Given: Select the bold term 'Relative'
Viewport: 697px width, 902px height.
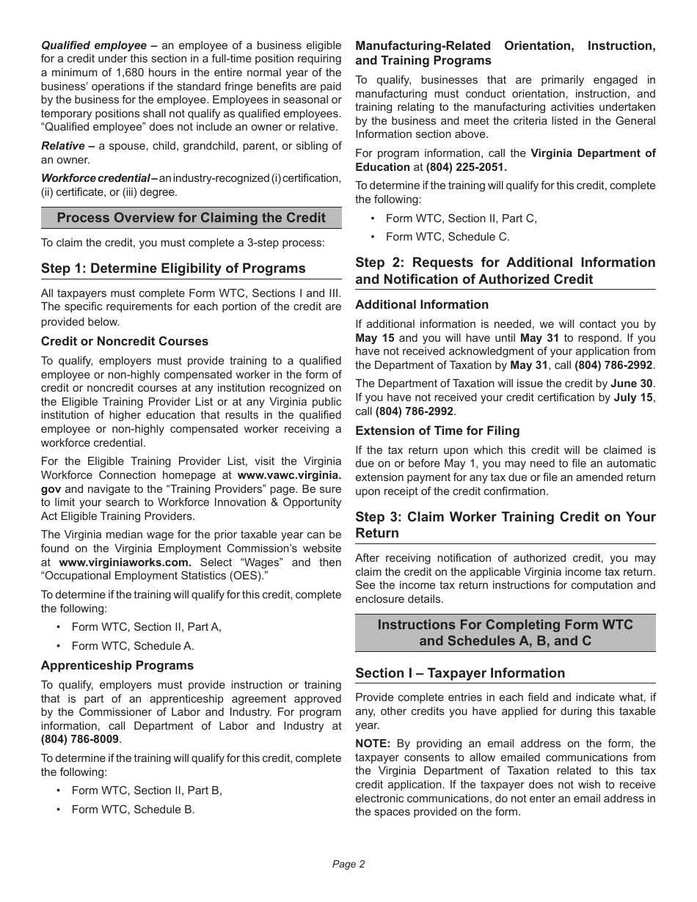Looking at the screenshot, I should pos(63,146).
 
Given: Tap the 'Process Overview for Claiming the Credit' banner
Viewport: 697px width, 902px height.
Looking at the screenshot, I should pos(191,218).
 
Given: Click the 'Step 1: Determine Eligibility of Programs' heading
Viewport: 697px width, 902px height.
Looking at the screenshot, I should pos(173,268).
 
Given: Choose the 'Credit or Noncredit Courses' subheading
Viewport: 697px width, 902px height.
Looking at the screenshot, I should pos(125,341).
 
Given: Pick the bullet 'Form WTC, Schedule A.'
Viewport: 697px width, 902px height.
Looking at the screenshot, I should pos(132,646).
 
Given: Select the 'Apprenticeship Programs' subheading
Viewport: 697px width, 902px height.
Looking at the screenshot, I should pos(117,665).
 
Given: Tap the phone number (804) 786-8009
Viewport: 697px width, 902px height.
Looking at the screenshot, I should pos(80,739).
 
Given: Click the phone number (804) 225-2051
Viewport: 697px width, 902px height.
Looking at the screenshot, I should pos(467,167).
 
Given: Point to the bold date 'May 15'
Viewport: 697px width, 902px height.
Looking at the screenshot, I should pos(375,338).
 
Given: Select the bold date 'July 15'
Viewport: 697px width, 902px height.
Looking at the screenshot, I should pos(633,397).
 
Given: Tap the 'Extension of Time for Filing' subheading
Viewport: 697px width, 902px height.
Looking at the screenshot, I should pos(437,430).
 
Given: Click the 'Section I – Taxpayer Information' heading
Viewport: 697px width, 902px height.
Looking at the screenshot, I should pos(460,673).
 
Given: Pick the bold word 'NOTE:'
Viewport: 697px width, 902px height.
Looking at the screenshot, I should pos(373,744).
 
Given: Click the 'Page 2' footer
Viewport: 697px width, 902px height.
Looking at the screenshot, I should pos(348,864).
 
